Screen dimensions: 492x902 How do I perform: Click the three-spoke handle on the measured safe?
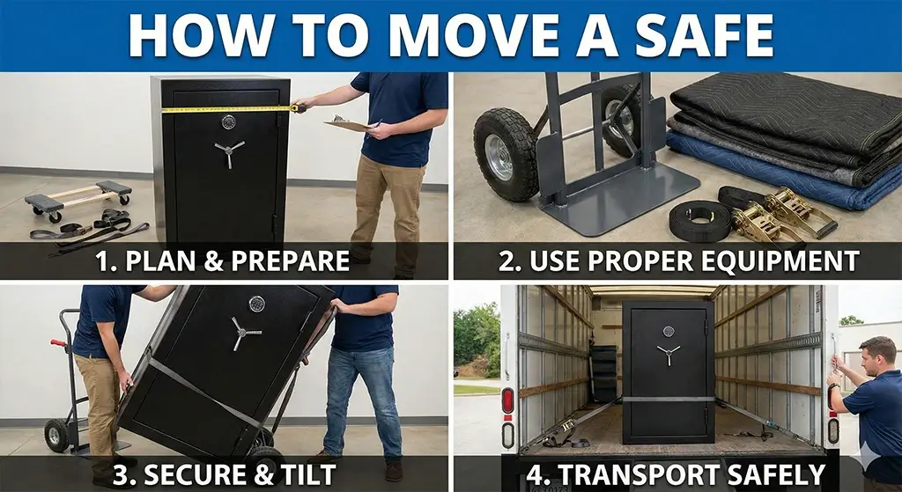228,152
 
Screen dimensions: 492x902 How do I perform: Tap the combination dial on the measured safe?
228,121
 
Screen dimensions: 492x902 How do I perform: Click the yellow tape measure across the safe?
229,109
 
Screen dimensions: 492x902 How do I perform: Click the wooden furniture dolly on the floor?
79,199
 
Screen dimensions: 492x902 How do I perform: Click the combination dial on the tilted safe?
256,304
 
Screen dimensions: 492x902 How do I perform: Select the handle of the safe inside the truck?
668,354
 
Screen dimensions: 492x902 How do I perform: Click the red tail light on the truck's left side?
507,400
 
